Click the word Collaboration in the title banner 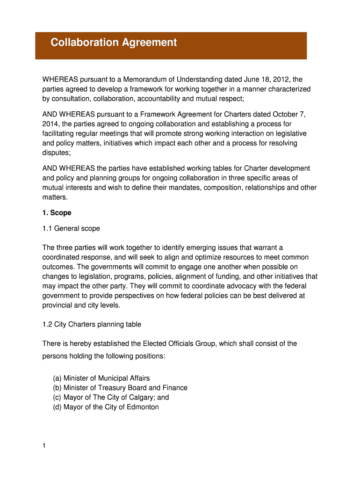point(85,43)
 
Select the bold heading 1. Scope point(57,213)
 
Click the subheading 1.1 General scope point(71,229)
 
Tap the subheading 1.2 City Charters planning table point(92,324)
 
